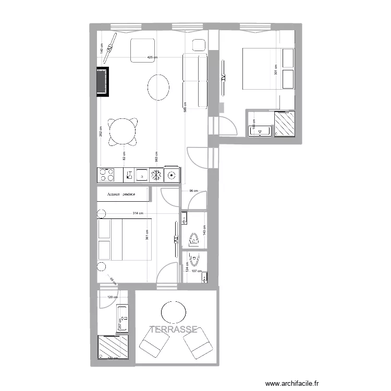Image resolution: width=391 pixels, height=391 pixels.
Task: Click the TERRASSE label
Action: [174, 329]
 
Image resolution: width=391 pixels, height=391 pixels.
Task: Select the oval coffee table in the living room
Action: [158, 87]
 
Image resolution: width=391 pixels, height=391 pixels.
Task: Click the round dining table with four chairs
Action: [124, 131]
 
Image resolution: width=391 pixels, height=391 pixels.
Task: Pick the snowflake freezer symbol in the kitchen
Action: [155, 175]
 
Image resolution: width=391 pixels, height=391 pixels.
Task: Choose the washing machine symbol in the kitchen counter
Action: [172, 175]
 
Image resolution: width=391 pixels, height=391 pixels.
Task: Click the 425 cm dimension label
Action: [151, 57]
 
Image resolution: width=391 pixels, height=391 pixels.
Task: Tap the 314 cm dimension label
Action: [137, 213]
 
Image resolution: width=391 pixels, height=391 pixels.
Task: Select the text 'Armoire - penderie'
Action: [121, 194]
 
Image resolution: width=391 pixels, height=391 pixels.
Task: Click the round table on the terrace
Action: [174, 313]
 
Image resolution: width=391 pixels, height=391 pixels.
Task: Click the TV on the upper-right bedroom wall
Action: [223, 78]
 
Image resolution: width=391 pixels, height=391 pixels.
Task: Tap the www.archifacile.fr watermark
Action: [291, 383]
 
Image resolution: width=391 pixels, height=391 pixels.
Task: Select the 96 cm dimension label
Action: [193, 191]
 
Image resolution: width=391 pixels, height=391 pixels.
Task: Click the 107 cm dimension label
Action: [196, 271]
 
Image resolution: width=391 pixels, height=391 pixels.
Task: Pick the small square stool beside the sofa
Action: [199, 45]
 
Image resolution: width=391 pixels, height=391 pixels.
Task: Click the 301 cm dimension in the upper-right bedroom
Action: [275, 68]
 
